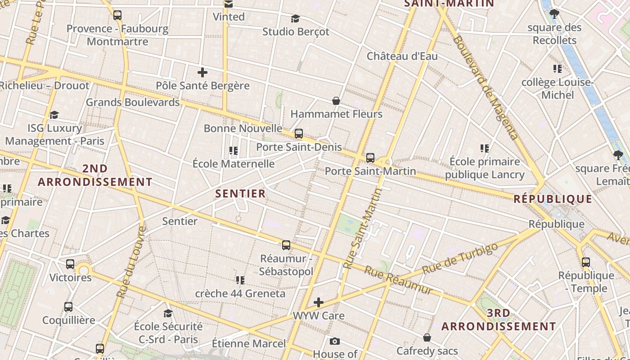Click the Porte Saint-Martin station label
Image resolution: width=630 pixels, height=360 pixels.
[370, 171]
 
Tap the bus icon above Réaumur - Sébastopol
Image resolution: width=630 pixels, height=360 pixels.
[286, 245]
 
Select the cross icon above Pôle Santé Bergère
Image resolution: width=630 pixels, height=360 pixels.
[202, 72]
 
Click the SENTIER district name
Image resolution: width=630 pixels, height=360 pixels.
[240, 194]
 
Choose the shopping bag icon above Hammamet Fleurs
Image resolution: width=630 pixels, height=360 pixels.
[336, 101]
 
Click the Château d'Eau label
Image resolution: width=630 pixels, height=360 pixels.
[402, 56]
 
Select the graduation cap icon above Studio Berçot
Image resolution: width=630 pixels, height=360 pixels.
[295, 19]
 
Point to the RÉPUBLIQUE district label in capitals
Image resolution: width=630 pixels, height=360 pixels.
[553, 199]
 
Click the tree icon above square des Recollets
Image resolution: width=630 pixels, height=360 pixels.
[554, 14]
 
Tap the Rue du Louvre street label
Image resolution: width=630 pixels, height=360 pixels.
[131, 262]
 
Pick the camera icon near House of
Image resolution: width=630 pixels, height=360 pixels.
[334, 342]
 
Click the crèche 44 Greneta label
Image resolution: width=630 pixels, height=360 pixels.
[240, 293]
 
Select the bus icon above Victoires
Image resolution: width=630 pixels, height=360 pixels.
[70, 264]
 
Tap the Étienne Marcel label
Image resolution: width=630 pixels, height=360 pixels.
[248, 344]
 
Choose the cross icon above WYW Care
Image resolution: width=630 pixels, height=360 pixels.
[319, 302]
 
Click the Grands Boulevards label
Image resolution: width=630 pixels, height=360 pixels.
[132, 102]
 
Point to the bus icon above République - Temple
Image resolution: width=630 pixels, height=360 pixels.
[585, 262]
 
